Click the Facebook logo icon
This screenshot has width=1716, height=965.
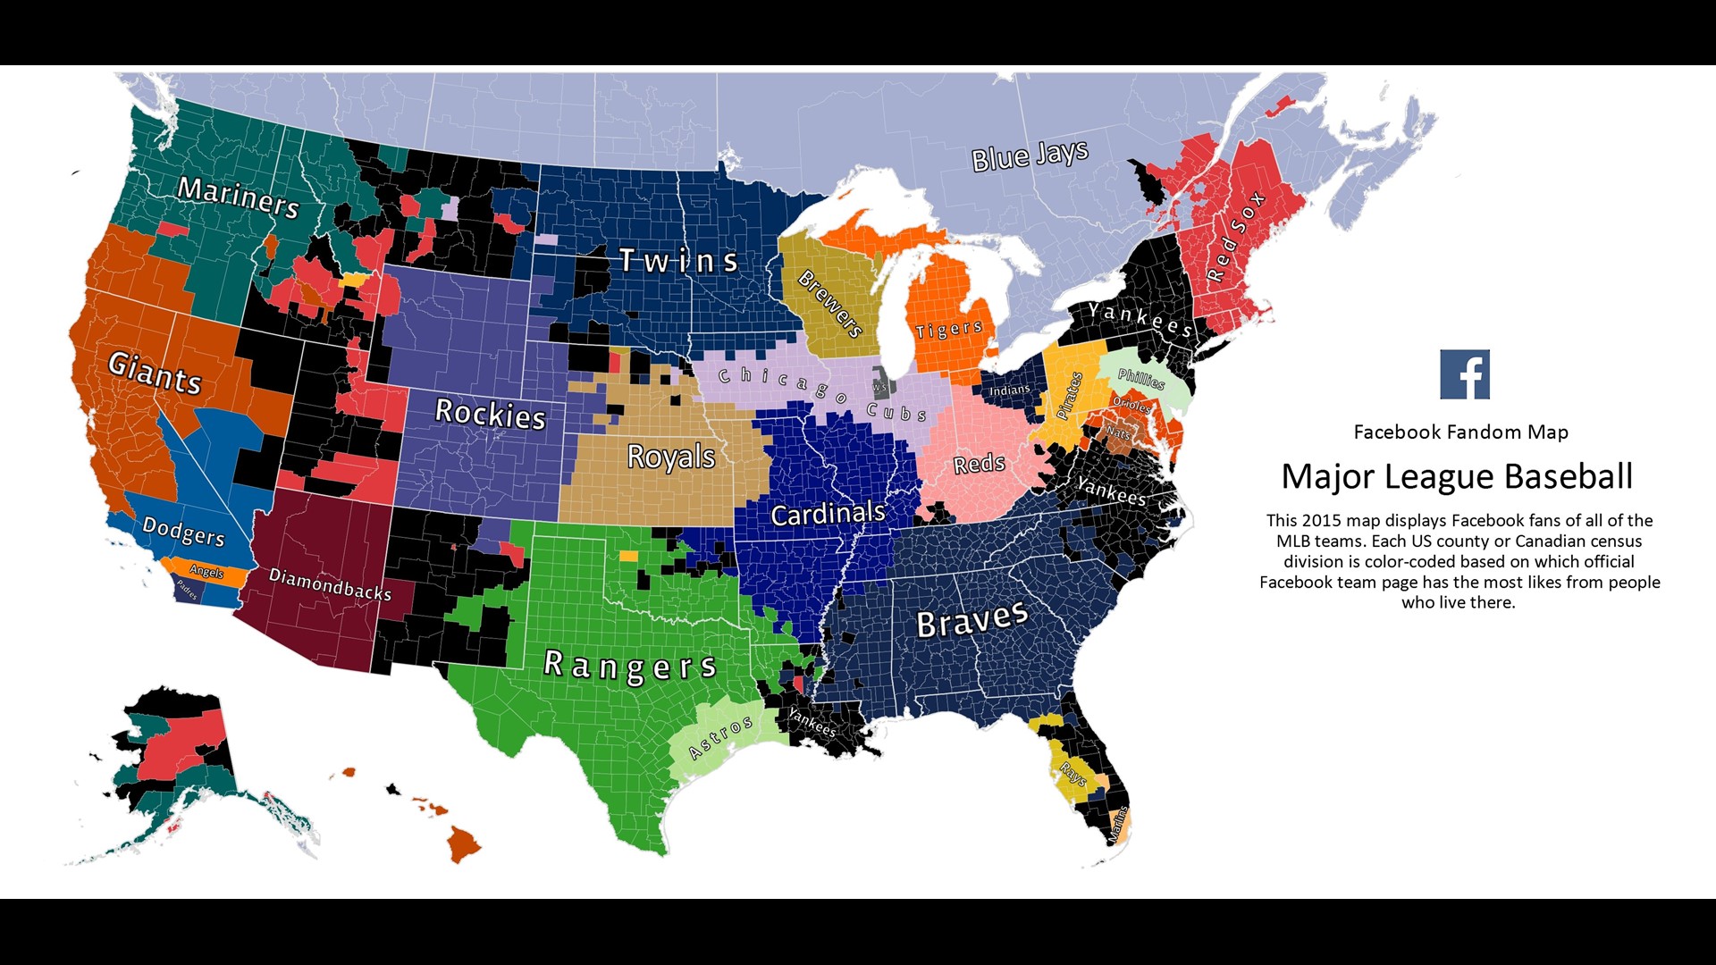coord(1465,374)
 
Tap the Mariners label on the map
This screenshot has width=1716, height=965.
coord(238,197)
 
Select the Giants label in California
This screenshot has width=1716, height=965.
coord(155,372)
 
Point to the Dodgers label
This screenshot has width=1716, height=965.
coord(183,531)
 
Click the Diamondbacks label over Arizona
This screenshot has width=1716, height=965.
coord(330,583)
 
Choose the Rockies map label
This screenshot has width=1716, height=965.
coord(490,414)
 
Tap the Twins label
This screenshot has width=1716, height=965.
coord(679,261)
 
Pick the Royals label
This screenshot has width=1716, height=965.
coord(671,457)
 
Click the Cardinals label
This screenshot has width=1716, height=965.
coord(828,514)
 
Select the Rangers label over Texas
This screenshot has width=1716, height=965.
coord(630,667)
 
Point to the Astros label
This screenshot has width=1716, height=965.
coord(720,737)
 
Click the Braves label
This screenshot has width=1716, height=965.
coord(972,619)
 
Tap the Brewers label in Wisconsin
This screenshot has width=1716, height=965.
coord(830,304)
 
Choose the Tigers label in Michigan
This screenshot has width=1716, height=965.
coord(949,330)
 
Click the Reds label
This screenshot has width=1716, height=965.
coord(979,464)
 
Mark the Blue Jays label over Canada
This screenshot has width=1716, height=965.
coord(1030,155)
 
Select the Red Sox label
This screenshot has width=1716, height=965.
coord(1236,236)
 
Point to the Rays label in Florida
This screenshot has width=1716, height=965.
coord(1072,773)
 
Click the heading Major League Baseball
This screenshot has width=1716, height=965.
coord(1457,476)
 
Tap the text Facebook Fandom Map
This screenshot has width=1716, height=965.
coord(1460,432)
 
